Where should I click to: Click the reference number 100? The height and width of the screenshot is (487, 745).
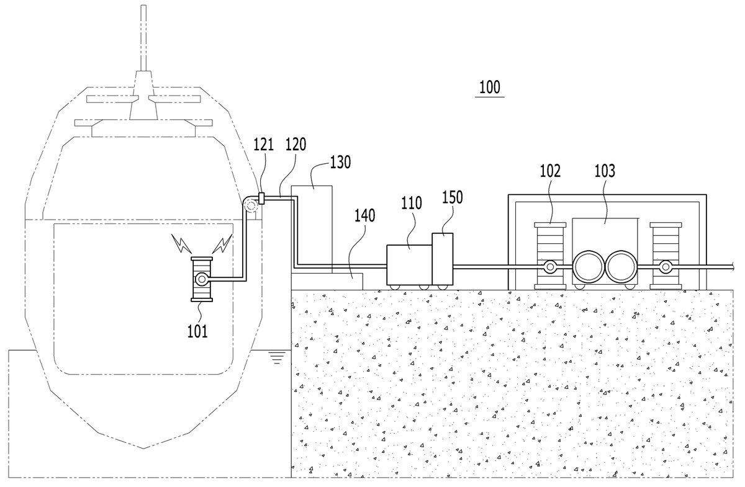click(x=490, y=87)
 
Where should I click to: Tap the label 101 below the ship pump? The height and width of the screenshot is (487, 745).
click(x=197, y=331)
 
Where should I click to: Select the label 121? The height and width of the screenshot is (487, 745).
click(x=264, y=145)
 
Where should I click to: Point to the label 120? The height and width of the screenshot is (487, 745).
click(x=296, y=145)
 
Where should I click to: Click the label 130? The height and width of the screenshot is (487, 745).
click(x=340, y=162)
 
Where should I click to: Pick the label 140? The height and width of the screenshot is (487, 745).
click(x=365, y=215)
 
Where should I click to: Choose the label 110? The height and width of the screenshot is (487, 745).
click(x=412, y=203)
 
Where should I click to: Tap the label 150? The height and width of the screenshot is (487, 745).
click(x=453, y=197)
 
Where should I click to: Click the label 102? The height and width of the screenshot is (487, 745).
click(x=550, y=171)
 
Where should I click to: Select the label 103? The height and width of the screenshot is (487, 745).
click(x=605, y=171)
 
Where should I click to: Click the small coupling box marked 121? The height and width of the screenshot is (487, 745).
click(x=261, y=199)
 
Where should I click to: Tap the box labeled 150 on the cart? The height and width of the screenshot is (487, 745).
click(x=442, y=259)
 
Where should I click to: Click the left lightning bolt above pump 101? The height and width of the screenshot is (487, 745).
click(x=181, y=243)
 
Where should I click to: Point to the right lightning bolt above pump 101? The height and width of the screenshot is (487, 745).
click(x=222, y=243)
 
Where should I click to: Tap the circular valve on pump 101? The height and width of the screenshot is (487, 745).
click(x=202, y=279)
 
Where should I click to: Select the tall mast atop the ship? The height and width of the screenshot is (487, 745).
click(x=143, y=38)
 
